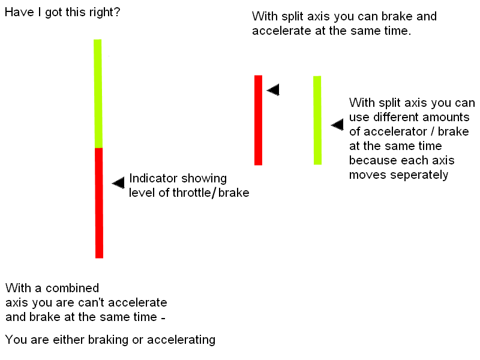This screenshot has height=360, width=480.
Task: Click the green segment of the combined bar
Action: (98, 93)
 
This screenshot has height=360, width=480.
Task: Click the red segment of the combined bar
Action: (99, 202)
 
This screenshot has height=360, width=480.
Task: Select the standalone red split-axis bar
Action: (258, 120)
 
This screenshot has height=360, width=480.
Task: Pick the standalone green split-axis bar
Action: (317, 120)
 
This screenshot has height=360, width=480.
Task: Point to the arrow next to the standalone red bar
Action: (273, 89)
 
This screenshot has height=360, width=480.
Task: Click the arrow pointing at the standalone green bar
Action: (337, 125)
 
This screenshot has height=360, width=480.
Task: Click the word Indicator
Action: (153, 178)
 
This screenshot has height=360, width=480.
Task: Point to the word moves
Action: (368, 175)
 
